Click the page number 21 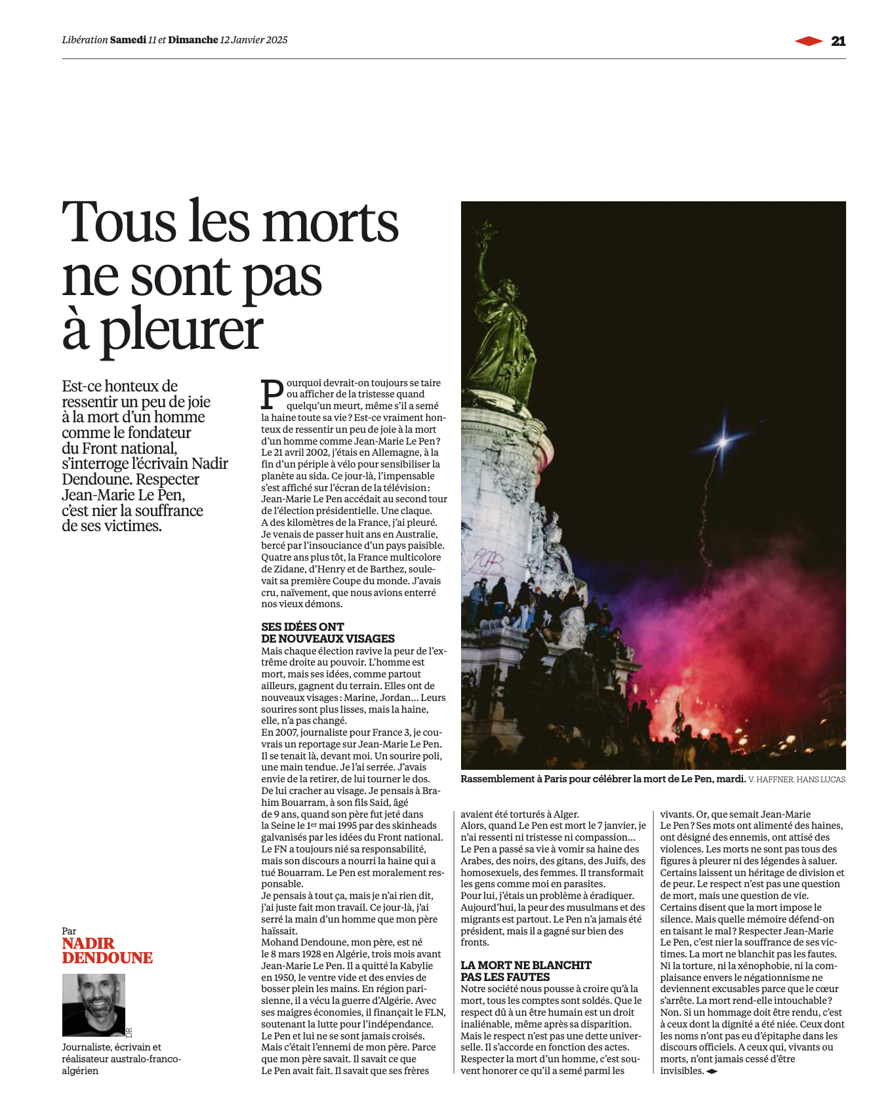pos(838,41)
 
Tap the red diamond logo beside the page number pos(809,41)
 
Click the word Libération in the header pos(85,40)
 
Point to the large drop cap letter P pos(272,393)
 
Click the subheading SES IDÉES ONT pos(302,627)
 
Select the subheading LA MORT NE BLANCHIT pos(526,965)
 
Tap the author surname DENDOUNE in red pos(108,958)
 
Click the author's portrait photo pos(93,1005)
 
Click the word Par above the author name pos(69,931)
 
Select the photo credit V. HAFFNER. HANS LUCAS pos(796,780)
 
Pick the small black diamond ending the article pos(712,1071)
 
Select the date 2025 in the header pos(276,40)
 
